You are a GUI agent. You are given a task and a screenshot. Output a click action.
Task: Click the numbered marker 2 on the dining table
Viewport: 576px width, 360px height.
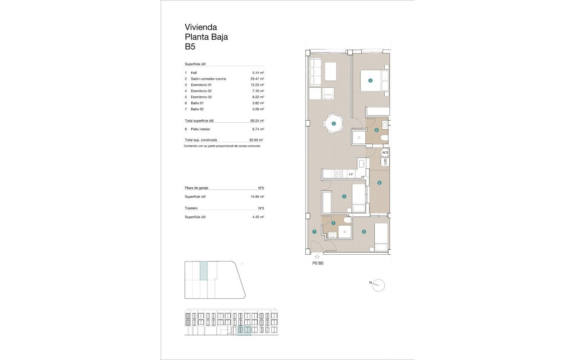tap(334, 123)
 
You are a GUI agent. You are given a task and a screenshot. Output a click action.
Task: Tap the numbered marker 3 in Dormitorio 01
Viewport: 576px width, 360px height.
tap(370, 81)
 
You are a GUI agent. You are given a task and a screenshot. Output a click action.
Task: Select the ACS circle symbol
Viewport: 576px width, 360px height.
tap(385, 153)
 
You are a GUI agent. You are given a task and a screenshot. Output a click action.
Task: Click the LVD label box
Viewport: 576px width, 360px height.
tap(385, 162)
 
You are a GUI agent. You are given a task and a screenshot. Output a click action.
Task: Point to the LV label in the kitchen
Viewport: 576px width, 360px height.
tap(351, 174)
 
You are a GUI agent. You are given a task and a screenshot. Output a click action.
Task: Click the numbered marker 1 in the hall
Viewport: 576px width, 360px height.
tap(314, 232)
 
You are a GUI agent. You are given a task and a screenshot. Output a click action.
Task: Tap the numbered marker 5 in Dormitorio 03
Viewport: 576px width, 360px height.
tap(364, 232)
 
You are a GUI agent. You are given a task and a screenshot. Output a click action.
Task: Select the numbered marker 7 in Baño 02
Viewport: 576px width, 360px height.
tap(333, 223)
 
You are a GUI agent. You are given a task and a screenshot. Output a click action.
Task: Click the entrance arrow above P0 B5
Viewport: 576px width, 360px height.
tap(318, 257)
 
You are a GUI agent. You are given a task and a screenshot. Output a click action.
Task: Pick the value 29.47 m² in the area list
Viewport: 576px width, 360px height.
tap(257, 79)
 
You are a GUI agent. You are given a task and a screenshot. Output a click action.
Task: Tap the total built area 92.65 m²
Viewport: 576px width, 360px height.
tap(256, 140)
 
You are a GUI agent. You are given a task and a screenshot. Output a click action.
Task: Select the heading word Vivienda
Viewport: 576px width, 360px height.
tap(201, 27)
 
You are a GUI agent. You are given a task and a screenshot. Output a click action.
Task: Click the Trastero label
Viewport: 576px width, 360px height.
tap(191, 208)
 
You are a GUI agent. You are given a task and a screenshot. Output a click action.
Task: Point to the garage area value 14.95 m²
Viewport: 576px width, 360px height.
tap(257, 197)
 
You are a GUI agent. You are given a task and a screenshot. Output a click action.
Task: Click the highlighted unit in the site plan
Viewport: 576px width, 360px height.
tap(203, 271)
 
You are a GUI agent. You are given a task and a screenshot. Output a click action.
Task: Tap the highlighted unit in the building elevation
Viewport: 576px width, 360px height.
tap(244, 331)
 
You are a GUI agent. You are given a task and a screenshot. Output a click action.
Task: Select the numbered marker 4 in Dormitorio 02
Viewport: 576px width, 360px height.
tap(344, 196)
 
